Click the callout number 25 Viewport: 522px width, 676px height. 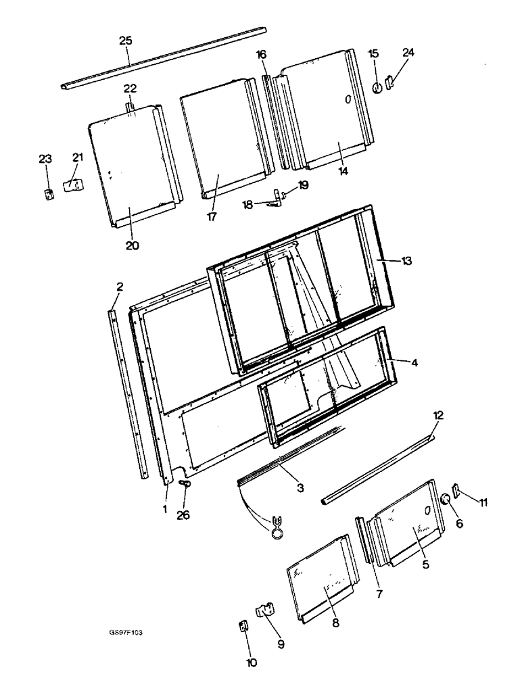pyautogui.click(x=125, y=41)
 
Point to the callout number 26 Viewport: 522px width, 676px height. pyautogui.click(x=183, y=515)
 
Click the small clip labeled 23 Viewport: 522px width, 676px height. pyautogui.click(x=47, y=195)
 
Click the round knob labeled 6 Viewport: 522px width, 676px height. pyautogui.click(x=445, y=500)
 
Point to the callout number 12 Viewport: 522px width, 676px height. pyautogui.click(x=437, y=416)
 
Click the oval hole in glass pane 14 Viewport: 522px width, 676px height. pyautogui.click(x=348, y=99)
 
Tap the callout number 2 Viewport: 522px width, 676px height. pyautogui.click(x=119, y=287)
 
